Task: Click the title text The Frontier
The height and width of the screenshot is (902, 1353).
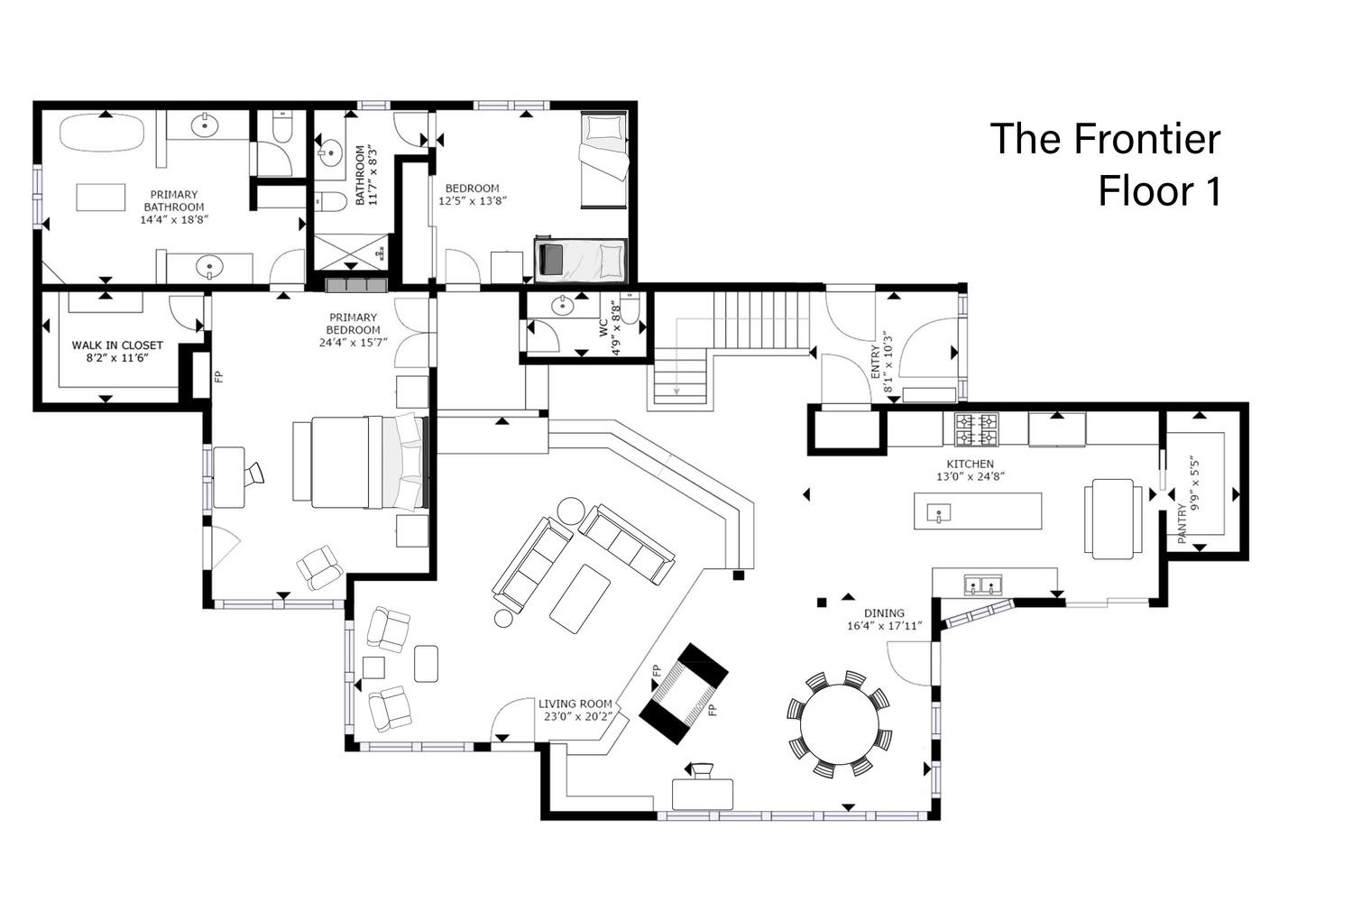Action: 1105,139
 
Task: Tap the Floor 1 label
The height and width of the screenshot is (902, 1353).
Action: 1160,191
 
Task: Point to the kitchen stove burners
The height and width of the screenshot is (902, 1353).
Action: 976,429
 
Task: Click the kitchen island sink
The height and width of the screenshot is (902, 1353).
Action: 939,513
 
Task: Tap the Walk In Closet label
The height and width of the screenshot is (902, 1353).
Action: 117,345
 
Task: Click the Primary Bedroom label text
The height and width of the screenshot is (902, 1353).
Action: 353,323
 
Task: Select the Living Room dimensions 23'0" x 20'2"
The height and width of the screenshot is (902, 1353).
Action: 578,716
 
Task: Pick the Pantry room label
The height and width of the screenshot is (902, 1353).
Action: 1182,523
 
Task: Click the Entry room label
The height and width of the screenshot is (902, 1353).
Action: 876,362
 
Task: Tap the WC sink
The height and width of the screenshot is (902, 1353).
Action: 562,307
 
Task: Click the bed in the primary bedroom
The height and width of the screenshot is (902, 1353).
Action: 361,462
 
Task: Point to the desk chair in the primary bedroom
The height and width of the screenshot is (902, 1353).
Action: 254,473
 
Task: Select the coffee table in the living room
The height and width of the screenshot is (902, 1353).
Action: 580,598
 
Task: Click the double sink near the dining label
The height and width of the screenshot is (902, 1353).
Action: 983,584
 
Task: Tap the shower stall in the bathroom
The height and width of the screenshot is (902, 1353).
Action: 350,253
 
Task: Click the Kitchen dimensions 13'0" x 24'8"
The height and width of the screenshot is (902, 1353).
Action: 971,476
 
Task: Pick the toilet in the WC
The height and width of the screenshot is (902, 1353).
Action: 630,309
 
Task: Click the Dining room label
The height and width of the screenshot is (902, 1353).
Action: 884,612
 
